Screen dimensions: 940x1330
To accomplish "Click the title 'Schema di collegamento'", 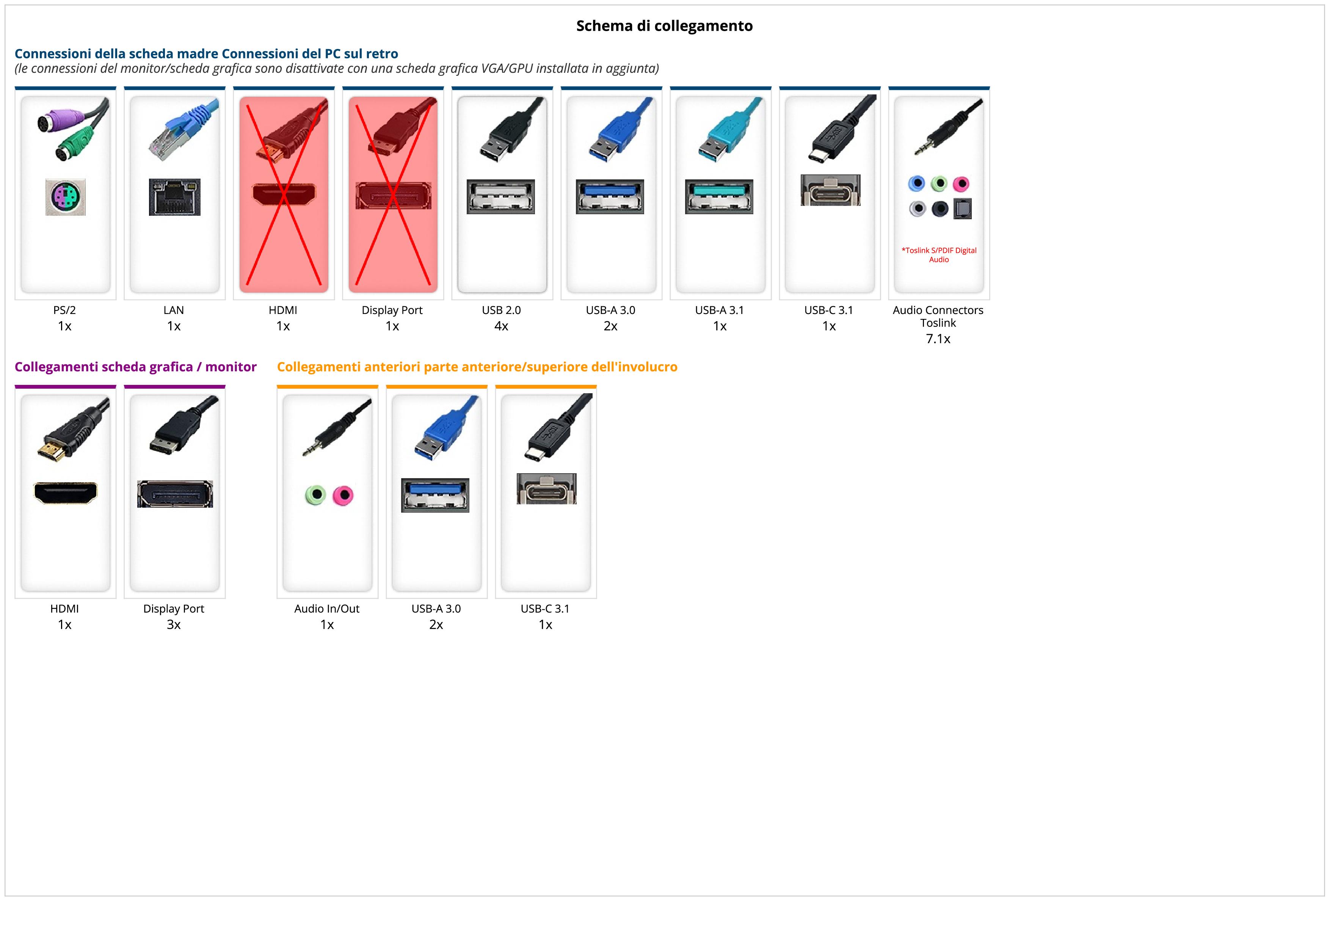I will (664, 26).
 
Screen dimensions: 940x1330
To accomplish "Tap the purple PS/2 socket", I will (66, 197).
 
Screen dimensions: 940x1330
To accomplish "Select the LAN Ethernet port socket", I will (174, 197).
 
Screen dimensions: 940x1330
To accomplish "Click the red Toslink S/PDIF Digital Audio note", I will (938, 255).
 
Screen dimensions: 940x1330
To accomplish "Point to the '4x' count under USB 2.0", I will (501, 326).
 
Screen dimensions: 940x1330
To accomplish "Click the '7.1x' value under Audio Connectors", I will (938, 339).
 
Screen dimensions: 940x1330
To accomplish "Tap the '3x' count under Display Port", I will (174, 625).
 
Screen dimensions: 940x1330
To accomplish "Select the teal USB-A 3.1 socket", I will (719, 196).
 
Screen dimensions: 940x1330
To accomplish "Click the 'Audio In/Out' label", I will (327, 609).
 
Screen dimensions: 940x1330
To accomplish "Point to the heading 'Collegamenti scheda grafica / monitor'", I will (136, 367).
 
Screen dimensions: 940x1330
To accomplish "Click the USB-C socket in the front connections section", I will (546, 488).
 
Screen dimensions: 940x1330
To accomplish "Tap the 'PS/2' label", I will (64, 310).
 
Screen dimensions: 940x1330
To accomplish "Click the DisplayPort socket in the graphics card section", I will (175, 494).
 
